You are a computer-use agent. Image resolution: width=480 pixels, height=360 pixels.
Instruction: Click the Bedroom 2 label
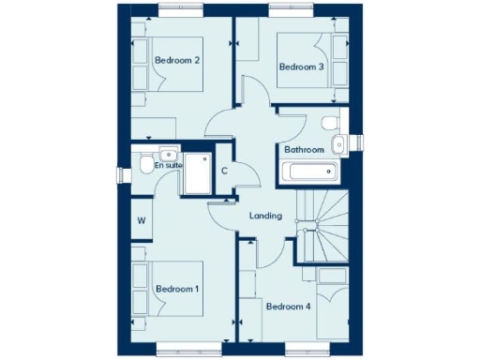click(x=177, y=61)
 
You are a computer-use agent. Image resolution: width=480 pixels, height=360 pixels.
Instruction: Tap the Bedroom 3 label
click(x=301, y=67)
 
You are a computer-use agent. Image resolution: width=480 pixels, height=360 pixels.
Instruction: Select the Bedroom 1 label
click(x=177, y=289)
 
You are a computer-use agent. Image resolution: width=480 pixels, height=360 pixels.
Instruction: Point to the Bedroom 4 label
click(x=289, y=307)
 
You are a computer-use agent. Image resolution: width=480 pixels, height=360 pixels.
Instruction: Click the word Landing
click(x=265, y=216)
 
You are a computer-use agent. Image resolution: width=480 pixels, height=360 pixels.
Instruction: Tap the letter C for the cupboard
click(x=225, y=171)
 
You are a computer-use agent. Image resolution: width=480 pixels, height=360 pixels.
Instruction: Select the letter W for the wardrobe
click(x=142, y=221)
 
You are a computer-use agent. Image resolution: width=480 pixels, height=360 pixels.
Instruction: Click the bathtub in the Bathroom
click(x=308, y=172)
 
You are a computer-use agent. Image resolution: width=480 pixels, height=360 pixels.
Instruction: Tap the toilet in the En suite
click(x=141, y=165)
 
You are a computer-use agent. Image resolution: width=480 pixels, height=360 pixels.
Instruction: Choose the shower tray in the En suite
click(x=198, y=173)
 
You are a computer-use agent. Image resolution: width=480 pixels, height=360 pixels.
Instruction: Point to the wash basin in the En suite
click(x=167, y=154)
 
